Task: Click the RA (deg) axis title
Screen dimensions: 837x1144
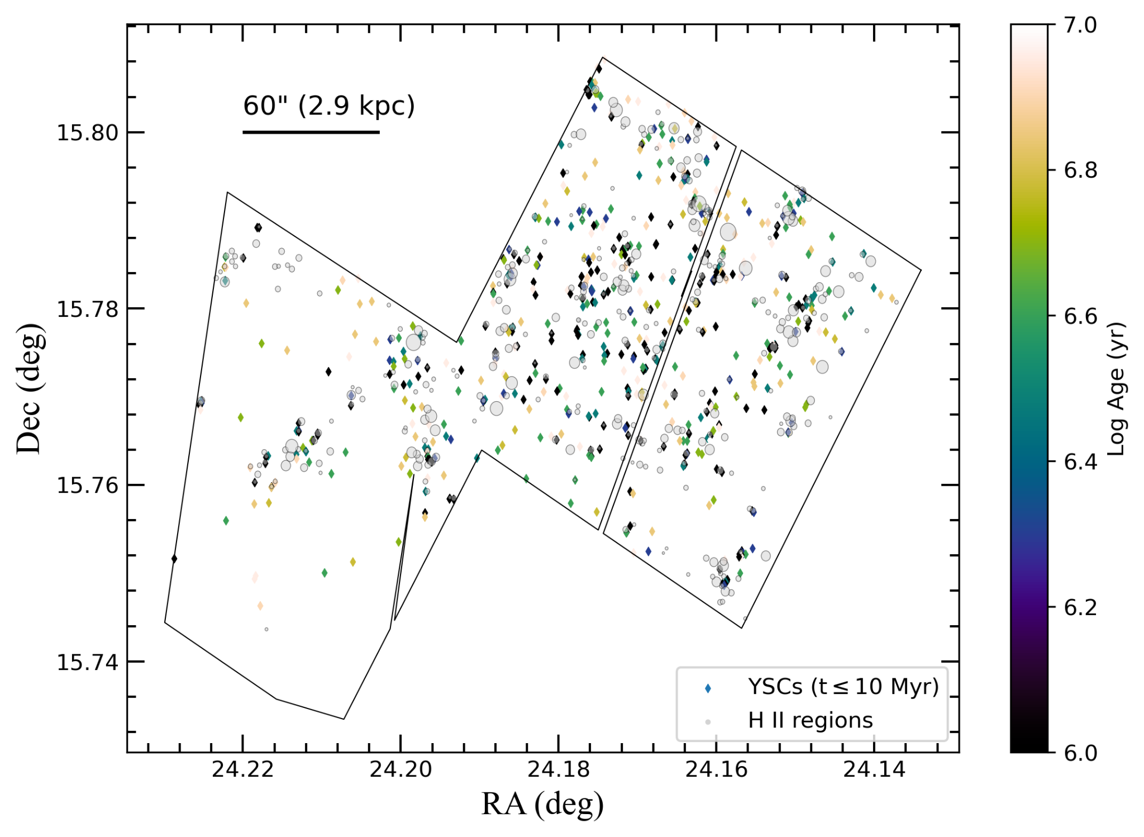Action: click(x=542, y=805)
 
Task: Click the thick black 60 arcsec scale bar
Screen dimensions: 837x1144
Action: click(x=311, y=132)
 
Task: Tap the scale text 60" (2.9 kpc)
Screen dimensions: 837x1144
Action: click(x=329, y=106)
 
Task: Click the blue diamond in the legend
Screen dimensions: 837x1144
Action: click(x=708, y=688)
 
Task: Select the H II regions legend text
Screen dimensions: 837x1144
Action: click(x=810, y=721)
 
